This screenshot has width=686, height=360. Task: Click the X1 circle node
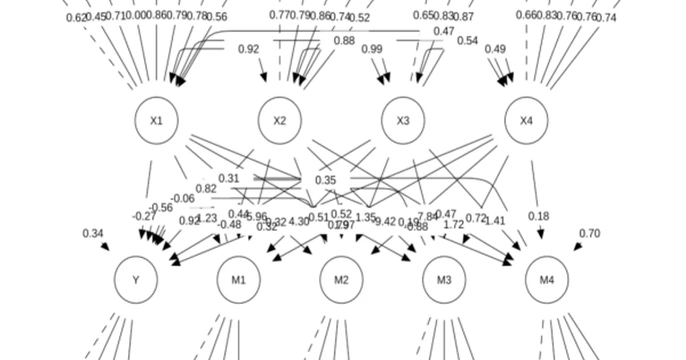click(156, 121)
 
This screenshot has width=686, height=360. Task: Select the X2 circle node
click(280, 121)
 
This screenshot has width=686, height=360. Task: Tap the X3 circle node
click(403, 121)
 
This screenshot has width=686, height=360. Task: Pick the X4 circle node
click(526, 121)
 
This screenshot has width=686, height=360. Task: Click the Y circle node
click(136, 280)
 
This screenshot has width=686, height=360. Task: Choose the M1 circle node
click(238, 280)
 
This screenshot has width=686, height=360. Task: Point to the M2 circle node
click(341, 280)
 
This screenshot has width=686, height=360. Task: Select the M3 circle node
click(444, 280)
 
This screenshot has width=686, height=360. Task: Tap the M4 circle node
click(547, 280)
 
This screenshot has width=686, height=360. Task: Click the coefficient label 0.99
click(372, 50)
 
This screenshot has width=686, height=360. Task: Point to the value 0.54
click(467, 41)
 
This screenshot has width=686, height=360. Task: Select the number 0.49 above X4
click(495, 50)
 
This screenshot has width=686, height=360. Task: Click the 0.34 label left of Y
click(93, 233)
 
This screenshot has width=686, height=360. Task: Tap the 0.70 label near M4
click(589, 233)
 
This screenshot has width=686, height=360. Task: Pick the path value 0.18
click(539, 216)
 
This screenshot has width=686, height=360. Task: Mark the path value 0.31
click(229, 178)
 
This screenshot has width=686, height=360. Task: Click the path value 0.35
click(325, 181)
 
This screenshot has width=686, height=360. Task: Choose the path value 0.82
click(206, 189)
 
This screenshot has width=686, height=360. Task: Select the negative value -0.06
click(182, 198)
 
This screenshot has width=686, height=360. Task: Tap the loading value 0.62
click(75, 18)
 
